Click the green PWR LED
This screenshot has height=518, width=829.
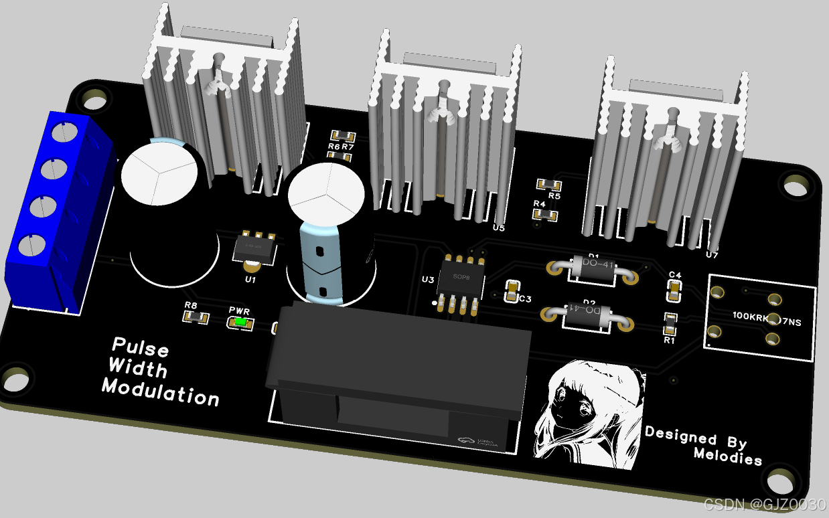[x=241, y=323]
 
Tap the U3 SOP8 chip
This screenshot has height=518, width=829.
[x=461, y=282]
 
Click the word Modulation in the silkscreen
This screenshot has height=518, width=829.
[x=160, y=391]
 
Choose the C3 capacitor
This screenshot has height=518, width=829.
[x=512, y=289]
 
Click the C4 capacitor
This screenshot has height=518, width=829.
[x=674, y=290]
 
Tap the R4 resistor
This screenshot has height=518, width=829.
[x=546, y=215]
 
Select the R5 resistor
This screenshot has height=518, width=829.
[x=549, y=184]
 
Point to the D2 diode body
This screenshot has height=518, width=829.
[x=588, y=314]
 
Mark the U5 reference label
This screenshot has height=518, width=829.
[x=498, y=228]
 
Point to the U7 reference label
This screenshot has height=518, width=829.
[x=712, y=255]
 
